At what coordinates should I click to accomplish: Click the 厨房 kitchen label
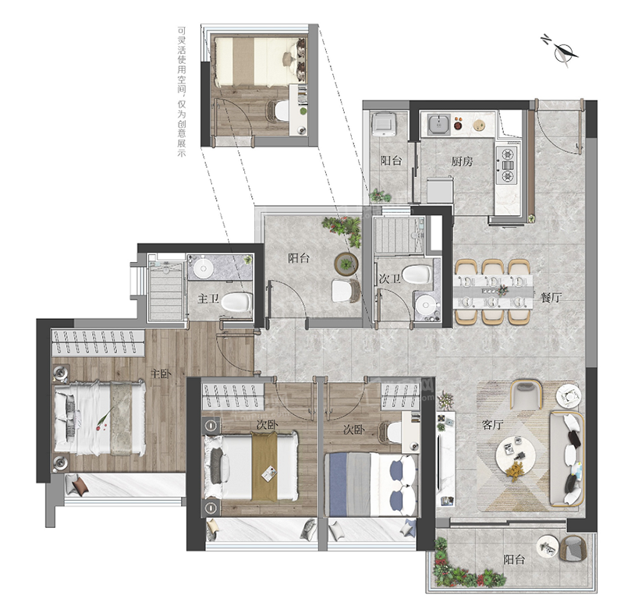(462, 161)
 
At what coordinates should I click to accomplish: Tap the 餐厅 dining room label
(551, 298)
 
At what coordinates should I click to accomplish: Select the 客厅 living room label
(492, 425)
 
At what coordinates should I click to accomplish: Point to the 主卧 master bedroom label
(161, 374)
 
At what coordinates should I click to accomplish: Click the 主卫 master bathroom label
(207, 299)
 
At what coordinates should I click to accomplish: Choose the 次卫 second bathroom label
(389, 279)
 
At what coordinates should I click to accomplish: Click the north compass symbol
(561, 52)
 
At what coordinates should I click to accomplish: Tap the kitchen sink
(439, 124)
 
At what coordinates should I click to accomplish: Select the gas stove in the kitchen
(507, 165)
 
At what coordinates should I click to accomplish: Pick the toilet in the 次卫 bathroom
(417, 274)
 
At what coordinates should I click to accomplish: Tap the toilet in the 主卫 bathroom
(237, 302)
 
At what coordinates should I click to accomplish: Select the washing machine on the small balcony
(384, 124)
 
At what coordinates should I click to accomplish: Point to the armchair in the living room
(526, 394)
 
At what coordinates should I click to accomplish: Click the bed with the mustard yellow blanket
(251, 466)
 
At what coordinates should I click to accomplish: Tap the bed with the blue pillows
(371, 484)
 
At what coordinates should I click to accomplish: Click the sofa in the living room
(567, 459)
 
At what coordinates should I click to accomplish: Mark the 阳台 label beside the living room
(514, 560)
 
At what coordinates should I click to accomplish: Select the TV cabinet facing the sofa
(445, 459)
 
